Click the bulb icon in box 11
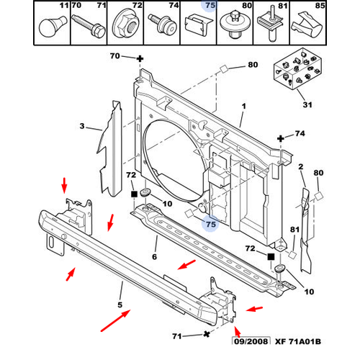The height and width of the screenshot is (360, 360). [x=53, y=27]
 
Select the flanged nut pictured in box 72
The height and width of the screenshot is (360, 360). [x=125, y=27]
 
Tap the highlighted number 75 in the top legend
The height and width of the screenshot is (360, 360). [x=210, y=5]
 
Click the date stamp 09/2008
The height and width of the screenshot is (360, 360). [x=251, y=341]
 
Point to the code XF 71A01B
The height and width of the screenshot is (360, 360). [x=298, y=341]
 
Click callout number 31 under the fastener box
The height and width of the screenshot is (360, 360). [x=307, y=104]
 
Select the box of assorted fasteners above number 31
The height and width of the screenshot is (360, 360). [x=298, y=69]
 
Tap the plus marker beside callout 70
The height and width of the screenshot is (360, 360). [x=140, y=59]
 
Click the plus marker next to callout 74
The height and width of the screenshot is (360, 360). [x=281, y=138]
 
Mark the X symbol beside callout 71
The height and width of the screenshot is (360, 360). [x=206, y=334]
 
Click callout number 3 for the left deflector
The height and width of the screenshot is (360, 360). [x=82, y=126]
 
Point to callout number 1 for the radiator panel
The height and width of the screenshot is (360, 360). [x=244, y=106]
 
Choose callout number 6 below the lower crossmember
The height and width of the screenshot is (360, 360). [x=155, y=257]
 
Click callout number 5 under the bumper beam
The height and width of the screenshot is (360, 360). [x=120, y=305]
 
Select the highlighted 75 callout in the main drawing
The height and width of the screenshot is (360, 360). [x=211, y=224]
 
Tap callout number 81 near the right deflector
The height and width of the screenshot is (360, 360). [x=294, y=230]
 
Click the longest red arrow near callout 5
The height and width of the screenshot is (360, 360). [x=115, y=320]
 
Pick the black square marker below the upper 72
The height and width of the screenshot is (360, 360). [x=134, y=194]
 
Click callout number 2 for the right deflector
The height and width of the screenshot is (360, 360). [x=301, y=166]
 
